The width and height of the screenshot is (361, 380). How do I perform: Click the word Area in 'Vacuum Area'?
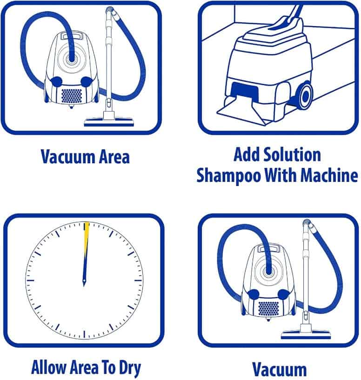[114, 157]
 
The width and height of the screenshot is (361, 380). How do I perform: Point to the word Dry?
[130, 369]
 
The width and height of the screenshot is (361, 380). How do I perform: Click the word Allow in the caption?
[48, 367]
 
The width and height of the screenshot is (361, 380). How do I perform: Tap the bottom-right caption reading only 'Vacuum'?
[279, 370]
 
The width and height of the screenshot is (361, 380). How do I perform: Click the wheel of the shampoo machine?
[305, 96]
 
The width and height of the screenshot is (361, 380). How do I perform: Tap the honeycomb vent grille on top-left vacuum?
[72, 95]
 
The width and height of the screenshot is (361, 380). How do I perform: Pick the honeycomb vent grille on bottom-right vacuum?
[268, 308]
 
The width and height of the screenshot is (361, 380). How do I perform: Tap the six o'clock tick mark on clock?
[84, 334]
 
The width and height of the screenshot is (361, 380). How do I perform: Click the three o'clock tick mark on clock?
[139, 280]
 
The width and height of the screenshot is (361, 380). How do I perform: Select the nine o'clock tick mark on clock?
[30, 280]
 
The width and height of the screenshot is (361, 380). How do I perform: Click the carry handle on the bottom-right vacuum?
[268, 249]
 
